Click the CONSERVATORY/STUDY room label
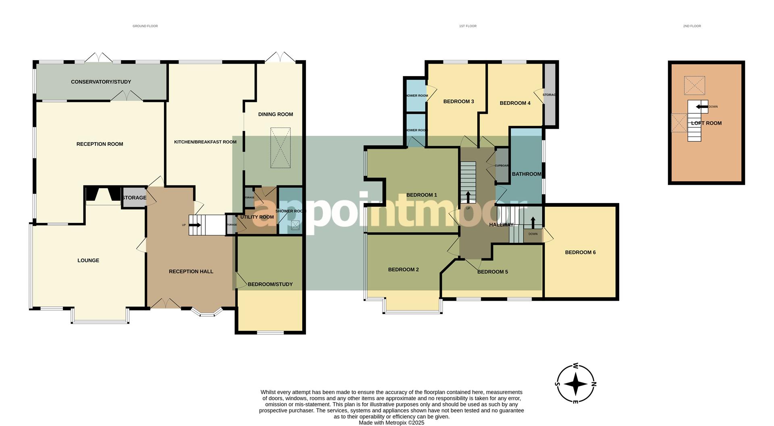pyautogui.click(x=101, y=82)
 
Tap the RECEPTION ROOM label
pyautogui.click(x=100, y=144)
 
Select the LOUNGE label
pyautogui.click(x=88, y=260)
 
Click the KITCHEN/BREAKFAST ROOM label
pyautogui.click(x=205, y=142)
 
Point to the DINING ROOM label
pyautogui.click(x=275, y=114)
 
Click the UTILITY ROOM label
pyautogui.click(x=257, y=217)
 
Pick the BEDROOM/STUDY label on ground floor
pyautogui.click(x=270, y=284)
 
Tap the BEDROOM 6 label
pyautogui.click(x=580, y=252)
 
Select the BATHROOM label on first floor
pyautogui.click(x=526, y=174)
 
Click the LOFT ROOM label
pyautogui.click(x=706, y=123)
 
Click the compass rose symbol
pyautogui.click(x=576, y=383)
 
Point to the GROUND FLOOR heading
pyautogui.click(x=145, y=26)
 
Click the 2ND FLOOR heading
pyautogui.click(x=692, y=26)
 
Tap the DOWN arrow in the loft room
pyautogui.click(x=702, y=107)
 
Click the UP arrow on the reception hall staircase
pyautogui.click(x=195, y=225)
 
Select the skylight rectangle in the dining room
pyautogui.click(x=280, y=148)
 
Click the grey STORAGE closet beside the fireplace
pyautogui.click(x=134, y=197)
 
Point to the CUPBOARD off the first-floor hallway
pyautogui.click(x=502, y=165)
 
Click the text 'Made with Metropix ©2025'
pyautogui.click(x=391, y=423)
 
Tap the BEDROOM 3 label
pyautogui.click(x=458, y=102)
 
